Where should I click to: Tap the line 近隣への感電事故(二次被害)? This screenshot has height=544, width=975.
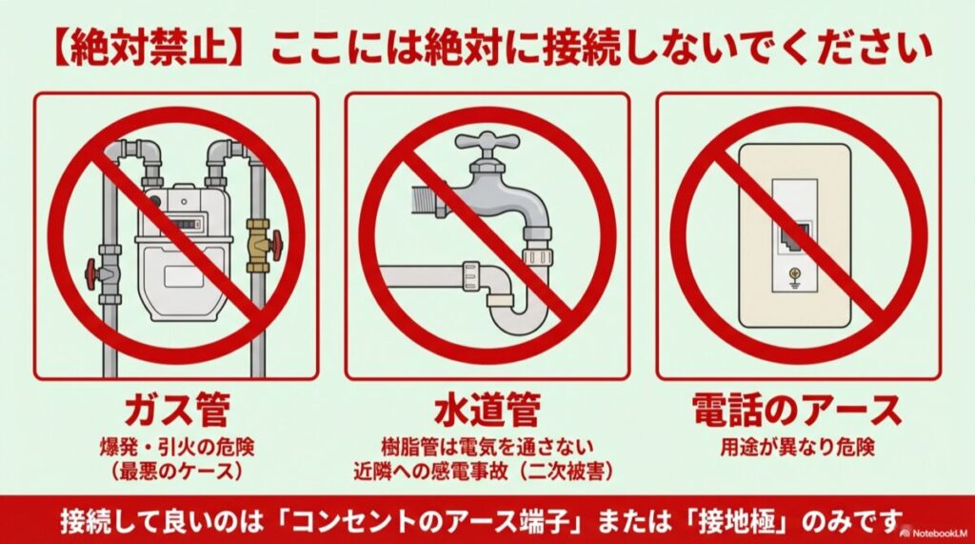[487, 470]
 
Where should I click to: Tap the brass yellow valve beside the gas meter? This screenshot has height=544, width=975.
[258, 243]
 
